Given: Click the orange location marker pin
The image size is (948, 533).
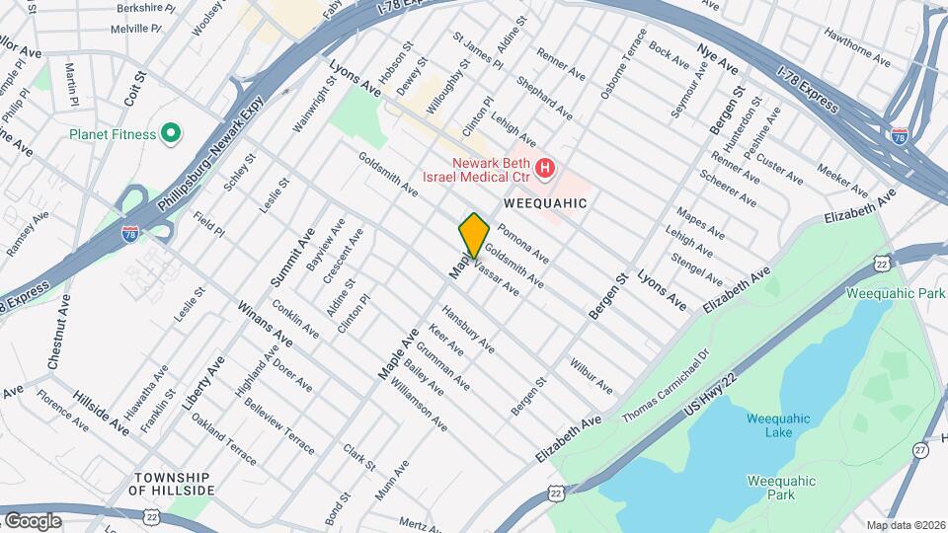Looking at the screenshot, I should pos(474,235).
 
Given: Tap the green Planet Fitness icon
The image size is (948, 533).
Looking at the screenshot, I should pos(170,133).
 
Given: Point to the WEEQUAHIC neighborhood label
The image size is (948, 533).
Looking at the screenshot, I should pos(545,202).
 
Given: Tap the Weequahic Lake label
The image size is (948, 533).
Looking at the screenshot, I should pos(777,425).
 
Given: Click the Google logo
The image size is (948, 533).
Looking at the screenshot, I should pos(33,520).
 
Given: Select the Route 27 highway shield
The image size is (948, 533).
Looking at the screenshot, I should pos(920,449).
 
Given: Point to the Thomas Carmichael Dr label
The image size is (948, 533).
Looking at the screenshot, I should pos(666,387).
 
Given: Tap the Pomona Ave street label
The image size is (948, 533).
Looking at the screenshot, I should pos(523,243).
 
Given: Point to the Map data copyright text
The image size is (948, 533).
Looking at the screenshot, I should pos(904,525).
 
